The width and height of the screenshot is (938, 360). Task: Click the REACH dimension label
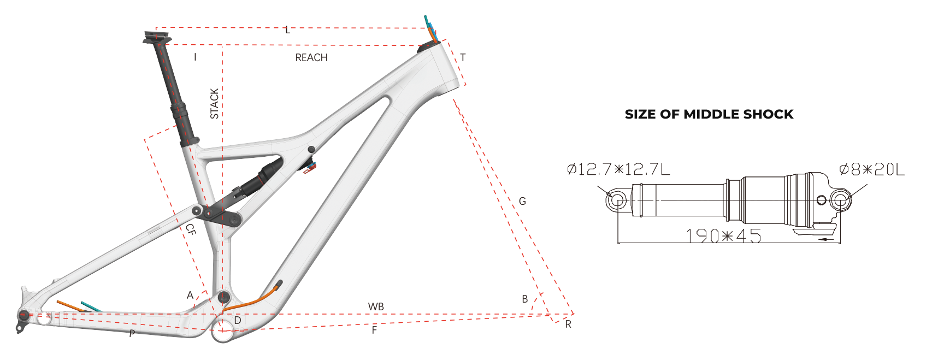pos(311,58)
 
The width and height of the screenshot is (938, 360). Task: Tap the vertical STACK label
pos(215,104)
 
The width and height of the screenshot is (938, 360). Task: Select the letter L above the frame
pos(288,30)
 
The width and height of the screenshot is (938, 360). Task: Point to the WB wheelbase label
pos(376,306)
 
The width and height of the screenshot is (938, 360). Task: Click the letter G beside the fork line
pos(522,201)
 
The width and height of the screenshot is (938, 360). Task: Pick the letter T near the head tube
pos(463,57)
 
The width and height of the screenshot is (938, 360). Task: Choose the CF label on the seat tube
pos(190,229)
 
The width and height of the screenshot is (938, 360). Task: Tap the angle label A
pos(190,295)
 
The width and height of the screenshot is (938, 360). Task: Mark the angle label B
pos(525,299)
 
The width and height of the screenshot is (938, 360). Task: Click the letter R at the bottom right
pos(568,324)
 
